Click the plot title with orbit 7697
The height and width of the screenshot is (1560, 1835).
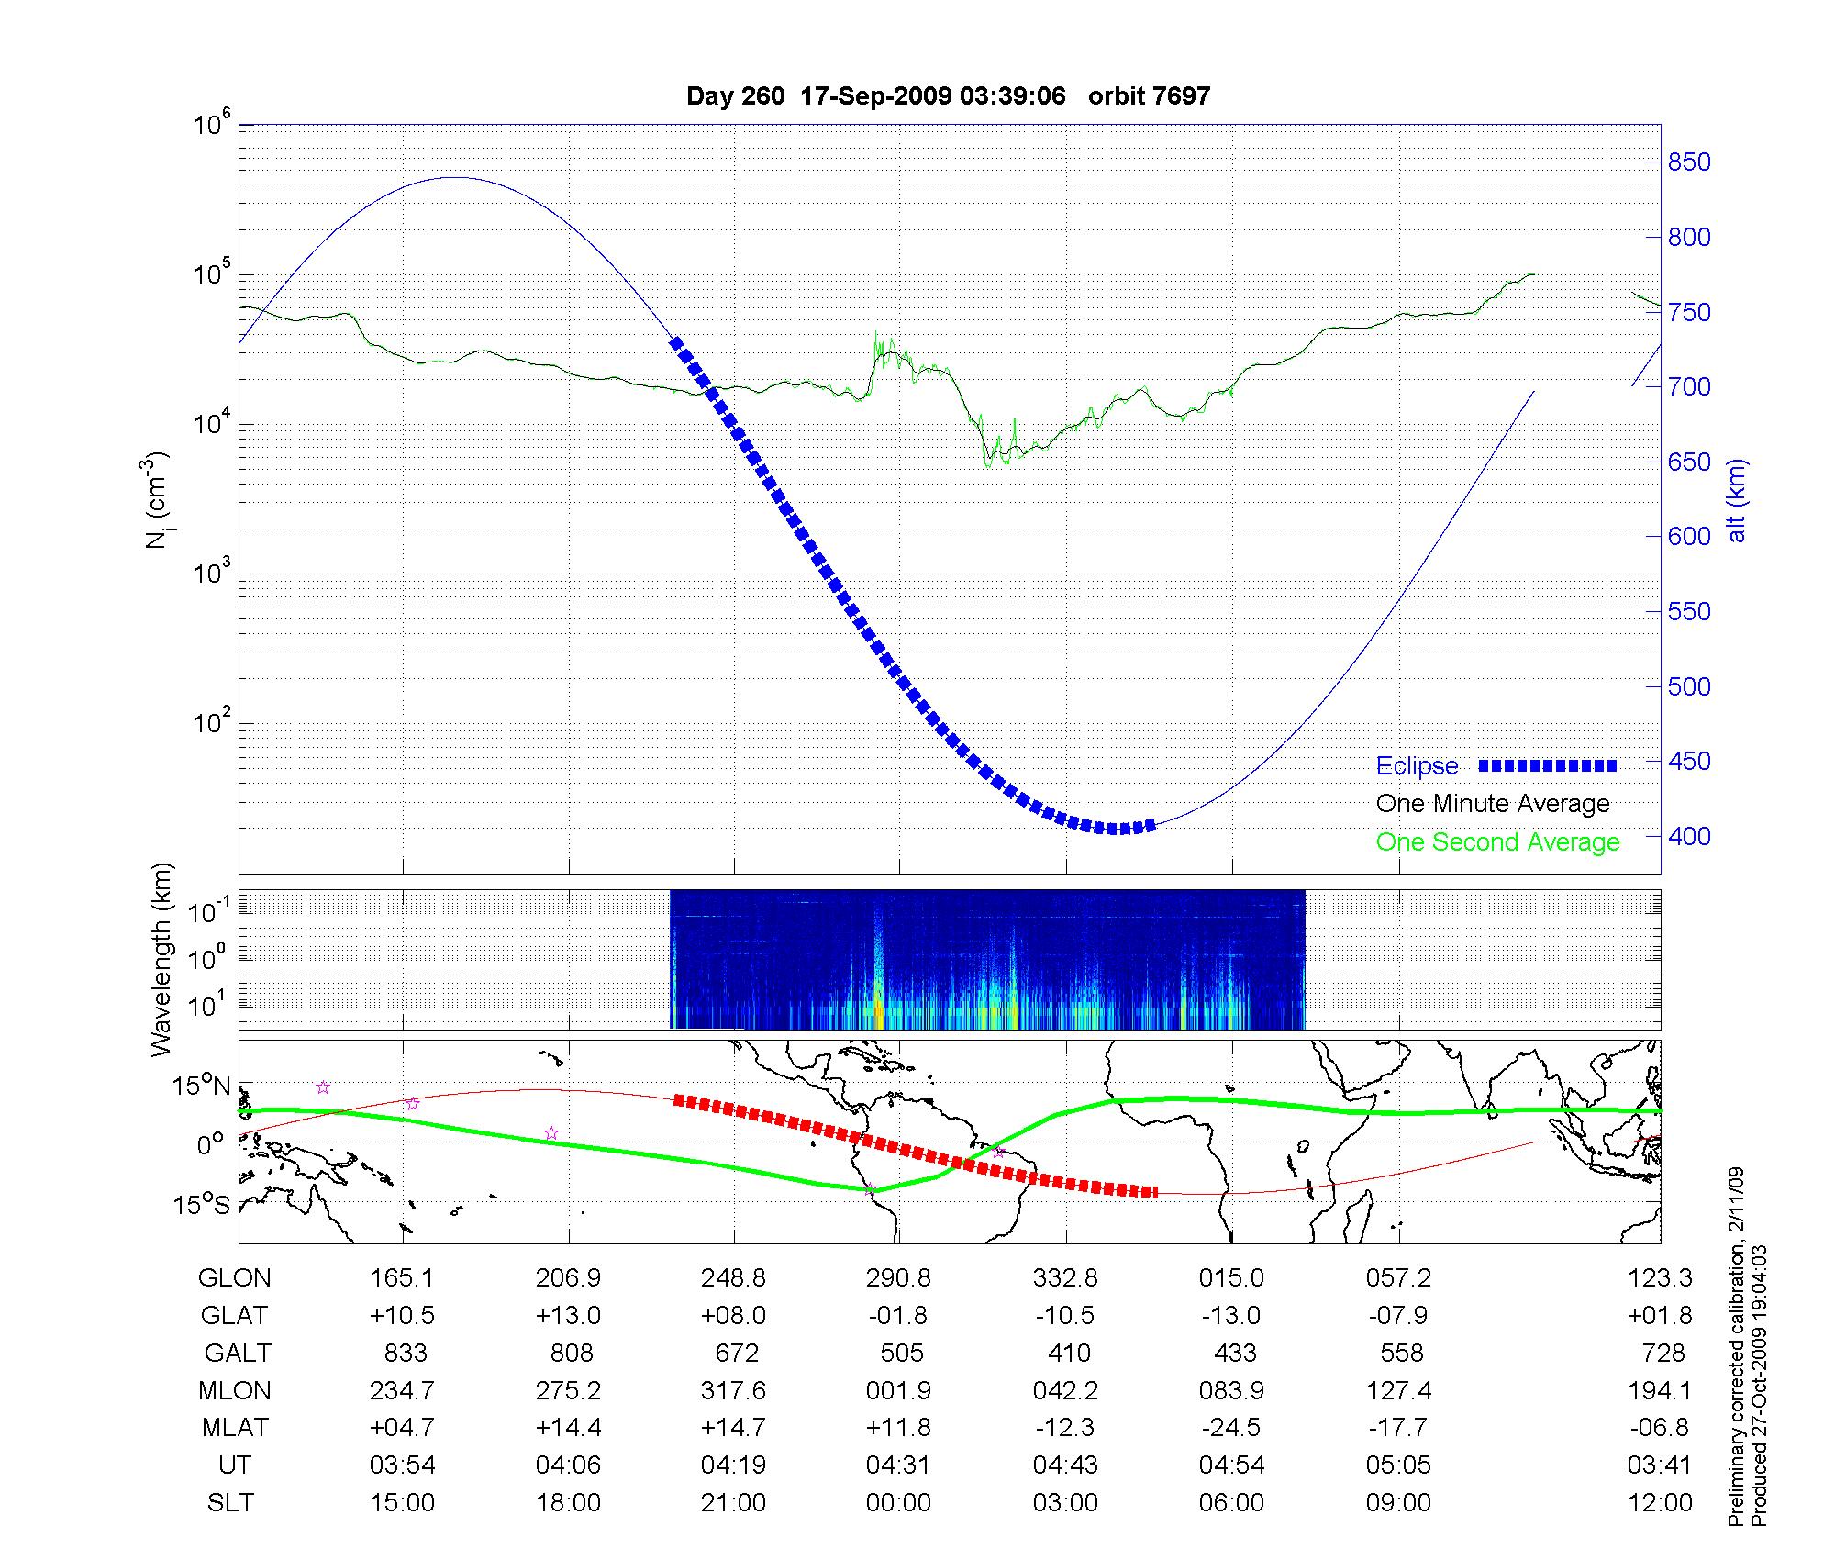click(x=948, y=95)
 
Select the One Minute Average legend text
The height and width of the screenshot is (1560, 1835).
click(x=1493, y=804)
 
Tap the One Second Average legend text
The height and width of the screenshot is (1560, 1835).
click(x=1497, y=842)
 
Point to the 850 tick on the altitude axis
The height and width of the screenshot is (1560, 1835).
click(x=1689, y=162)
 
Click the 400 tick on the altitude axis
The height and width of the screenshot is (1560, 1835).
click(x=1689, y=836)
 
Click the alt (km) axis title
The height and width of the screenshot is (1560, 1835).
click(x=1737, y=501)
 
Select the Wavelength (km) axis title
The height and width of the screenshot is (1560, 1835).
click(x=161, y=959)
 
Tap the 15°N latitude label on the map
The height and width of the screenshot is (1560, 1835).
click(x=200, y=1086)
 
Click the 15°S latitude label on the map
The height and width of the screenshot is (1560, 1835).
click(x=200, y=1204)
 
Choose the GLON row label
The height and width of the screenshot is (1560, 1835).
click(x=235, y=1278)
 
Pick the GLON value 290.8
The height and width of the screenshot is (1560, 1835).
click(x=898, y=1278)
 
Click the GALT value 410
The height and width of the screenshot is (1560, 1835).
click(x=1069, y=1353)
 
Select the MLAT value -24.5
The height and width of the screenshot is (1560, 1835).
click(x=1231, y=1428)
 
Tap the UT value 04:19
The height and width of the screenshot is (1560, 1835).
click(x=733, y=1465)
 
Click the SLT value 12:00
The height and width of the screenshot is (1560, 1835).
click(x=1659, y=1503)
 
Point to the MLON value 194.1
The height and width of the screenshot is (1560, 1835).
click(x=1659, y=1390)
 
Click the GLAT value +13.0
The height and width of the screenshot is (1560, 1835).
click(x=568, y=1316)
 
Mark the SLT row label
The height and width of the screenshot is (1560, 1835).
click(x=230, y=1503)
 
